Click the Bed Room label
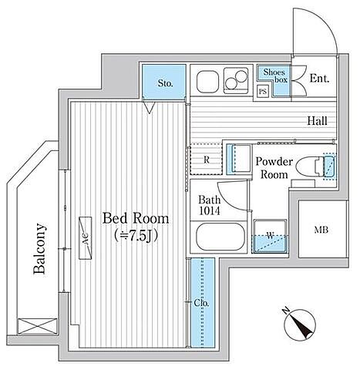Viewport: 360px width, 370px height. tap(136, 219)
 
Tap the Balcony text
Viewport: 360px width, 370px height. tap(39, 249)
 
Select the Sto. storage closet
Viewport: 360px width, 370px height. tap(164, 82)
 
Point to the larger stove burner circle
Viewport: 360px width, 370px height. tap(241, 75)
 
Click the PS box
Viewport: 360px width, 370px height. tap(263, 92)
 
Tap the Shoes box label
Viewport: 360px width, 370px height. tap(274, 76)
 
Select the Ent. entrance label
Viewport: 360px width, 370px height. tap(319, 79)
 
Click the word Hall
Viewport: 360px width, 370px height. tap(318, 121)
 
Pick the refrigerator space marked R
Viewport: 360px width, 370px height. tap(206, 160)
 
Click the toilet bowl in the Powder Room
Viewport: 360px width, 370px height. tap(306, 166)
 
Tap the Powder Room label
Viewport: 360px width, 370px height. tap(274, 168)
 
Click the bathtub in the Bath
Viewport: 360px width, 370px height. tap(219, 237)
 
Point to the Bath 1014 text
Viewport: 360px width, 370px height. tap(210, 205)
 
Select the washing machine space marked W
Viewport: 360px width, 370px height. tap(270, 236)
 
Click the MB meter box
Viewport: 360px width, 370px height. tap(322, 229)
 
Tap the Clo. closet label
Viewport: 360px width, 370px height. tap(202, 303)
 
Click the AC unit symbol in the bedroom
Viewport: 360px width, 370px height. tap(86, 238)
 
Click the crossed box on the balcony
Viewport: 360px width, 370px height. tap(37, 326)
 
